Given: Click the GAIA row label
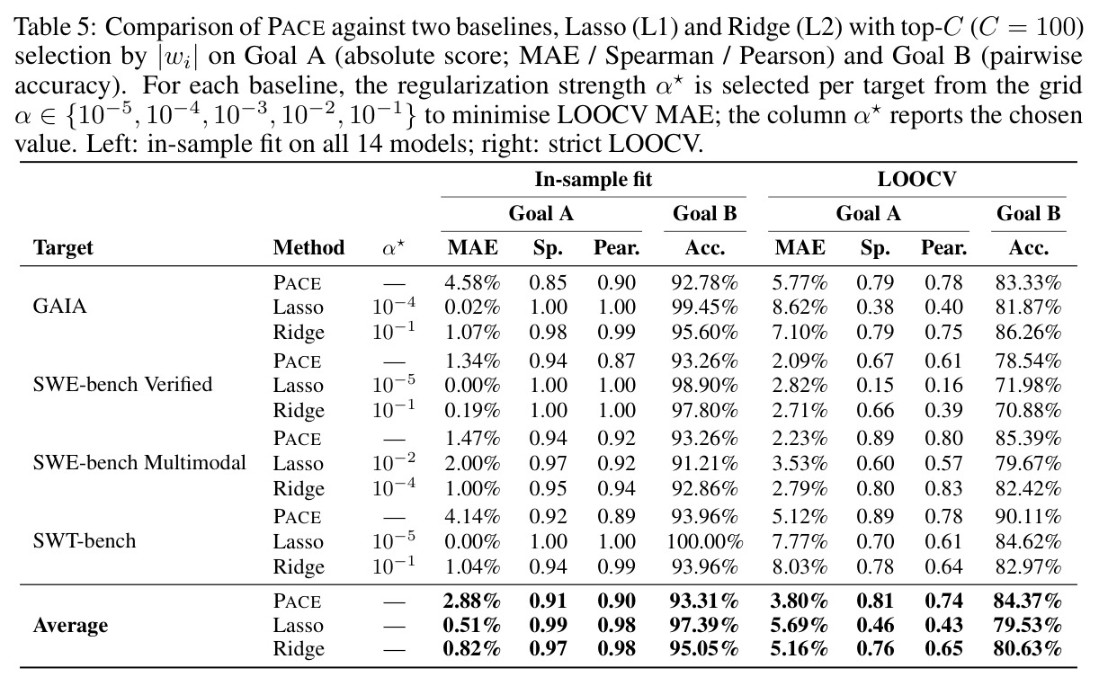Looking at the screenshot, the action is click(x=59, y=307).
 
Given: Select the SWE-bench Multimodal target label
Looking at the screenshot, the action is click(x=139, y=463).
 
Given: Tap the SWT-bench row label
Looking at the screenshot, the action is click(x=84, y=541).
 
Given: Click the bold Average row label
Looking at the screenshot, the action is click(x=70, y=625).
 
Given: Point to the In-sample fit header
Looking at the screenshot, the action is click(x=594, y=180).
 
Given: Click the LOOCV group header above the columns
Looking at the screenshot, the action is click(x=916, y=180).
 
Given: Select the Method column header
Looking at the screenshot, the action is click(x=308, y=247).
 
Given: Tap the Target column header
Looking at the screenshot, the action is click(x=63, y=247).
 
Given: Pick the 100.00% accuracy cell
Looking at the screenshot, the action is click(x=704, y=541).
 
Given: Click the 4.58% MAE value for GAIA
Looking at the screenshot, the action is click(x=472, y=282).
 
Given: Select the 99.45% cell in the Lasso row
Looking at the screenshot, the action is click(x=704, y=307).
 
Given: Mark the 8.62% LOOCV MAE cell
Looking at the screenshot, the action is click(x=800, y=307).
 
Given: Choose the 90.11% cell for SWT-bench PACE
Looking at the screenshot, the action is click(x=1028, y=516).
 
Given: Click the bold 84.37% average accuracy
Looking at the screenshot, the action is click(x=1028, y=601).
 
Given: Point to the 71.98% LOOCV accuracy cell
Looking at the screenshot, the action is click(x=1028, y=386).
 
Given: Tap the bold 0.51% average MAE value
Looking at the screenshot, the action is click(x=472, y=625).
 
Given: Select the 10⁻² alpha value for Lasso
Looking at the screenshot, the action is click(x=394, y=461).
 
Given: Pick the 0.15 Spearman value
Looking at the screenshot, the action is click(x=875, y=386).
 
